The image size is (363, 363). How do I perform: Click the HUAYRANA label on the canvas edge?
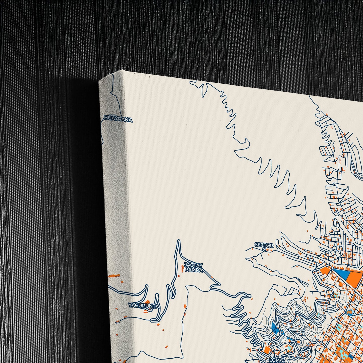tap(118, 120)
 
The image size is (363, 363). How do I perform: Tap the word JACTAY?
tap(193, 265)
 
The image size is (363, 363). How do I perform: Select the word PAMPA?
tap(193, 270)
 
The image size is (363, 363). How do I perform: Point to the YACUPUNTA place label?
tap(143, 306)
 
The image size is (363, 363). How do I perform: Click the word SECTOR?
tap(264, 245)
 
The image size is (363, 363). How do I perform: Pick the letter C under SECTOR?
tap(264, 249)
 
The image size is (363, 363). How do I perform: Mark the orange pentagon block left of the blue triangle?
tap(326, 271)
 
